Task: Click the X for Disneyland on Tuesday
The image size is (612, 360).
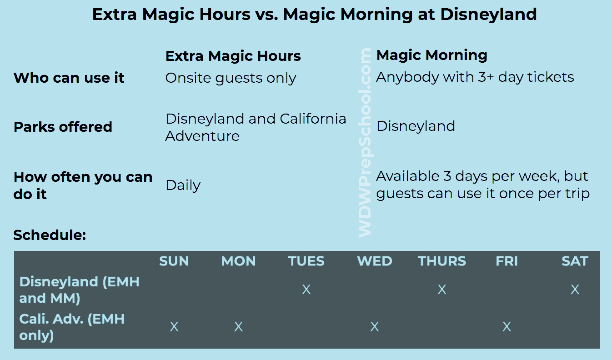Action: (x=306, y=290)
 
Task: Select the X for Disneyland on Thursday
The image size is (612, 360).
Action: (x=442, y=290)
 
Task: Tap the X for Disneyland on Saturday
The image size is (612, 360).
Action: (x=575, y=290)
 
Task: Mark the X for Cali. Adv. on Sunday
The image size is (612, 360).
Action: (x=174, y=327)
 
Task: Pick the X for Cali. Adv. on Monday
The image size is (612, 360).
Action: (x=238, y=327)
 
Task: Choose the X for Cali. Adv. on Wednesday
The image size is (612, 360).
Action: (x=374, y=327)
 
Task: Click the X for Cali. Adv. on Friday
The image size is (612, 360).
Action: (x=507, y=327)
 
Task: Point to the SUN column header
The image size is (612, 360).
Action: (x=174, y=261)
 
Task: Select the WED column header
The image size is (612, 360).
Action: (x=375, y=261)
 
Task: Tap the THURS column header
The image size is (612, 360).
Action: (x=442, y=261)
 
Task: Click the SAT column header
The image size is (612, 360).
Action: (x=575, y=261)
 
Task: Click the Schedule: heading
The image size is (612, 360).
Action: (x=50, y=235)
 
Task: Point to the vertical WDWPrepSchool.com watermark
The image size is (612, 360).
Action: (x=365, y=143)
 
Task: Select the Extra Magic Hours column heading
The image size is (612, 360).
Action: (x=233, y=56)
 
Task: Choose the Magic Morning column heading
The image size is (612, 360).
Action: (x=431, y=55)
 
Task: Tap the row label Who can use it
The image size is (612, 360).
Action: (x=69, y=78)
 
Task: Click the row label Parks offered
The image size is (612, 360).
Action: (x=63, y=127)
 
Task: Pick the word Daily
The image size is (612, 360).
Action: (x=183, y=186)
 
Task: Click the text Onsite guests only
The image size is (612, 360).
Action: (x=231, y=78)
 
